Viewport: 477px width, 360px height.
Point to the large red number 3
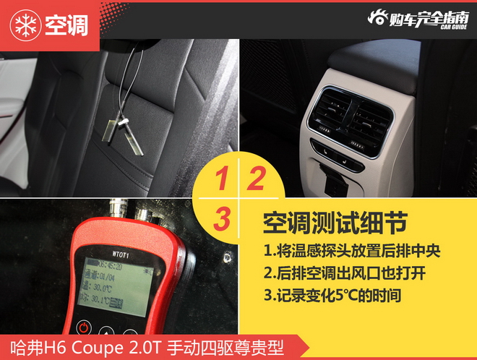coord(223,217)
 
